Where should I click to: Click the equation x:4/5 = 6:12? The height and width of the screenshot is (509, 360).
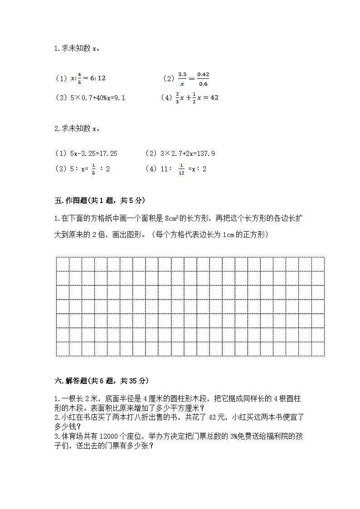[80, 78]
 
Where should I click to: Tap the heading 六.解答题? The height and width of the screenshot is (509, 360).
[101, 381]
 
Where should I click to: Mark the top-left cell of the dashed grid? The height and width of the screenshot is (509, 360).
[62, 264]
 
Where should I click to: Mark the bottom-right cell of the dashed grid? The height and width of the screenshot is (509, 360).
[318, 349]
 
